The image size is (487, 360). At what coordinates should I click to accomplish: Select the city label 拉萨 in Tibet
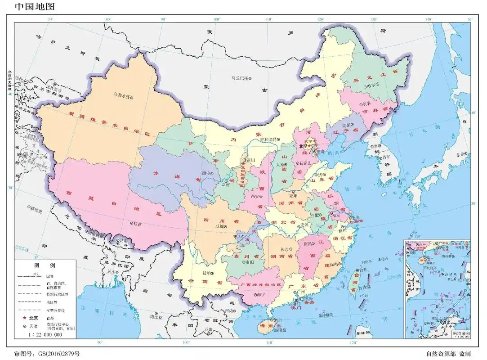pyautogui.click(x=137, y=223)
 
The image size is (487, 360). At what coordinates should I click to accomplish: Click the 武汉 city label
pyautogui.click(x=305, y=225)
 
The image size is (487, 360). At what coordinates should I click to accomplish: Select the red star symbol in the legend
pyautogui.click(x=21, y=318)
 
